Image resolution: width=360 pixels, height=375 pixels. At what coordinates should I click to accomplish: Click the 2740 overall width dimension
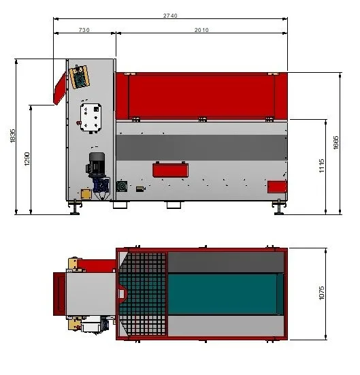point(170,16)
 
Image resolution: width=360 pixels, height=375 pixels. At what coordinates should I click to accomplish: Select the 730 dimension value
point(84,30)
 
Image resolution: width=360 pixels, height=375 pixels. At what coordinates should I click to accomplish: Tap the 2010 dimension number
point(201,30)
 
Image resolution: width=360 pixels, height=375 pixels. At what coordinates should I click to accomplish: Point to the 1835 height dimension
point(13,136)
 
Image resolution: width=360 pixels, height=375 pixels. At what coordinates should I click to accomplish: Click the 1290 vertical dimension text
point(27,159)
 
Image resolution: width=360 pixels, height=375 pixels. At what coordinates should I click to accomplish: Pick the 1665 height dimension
point(336,142)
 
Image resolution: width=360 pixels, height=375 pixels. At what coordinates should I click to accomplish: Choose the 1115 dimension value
point(322,165)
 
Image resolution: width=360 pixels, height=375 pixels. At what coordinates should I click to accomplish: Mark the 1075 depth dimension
point(322,293)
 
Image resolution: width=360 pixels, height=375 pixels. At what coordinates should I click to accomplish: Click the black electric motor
point(96,164)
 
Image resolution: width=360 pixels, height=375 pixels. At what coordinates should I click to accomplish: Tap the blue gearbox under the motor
point(101,185)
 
